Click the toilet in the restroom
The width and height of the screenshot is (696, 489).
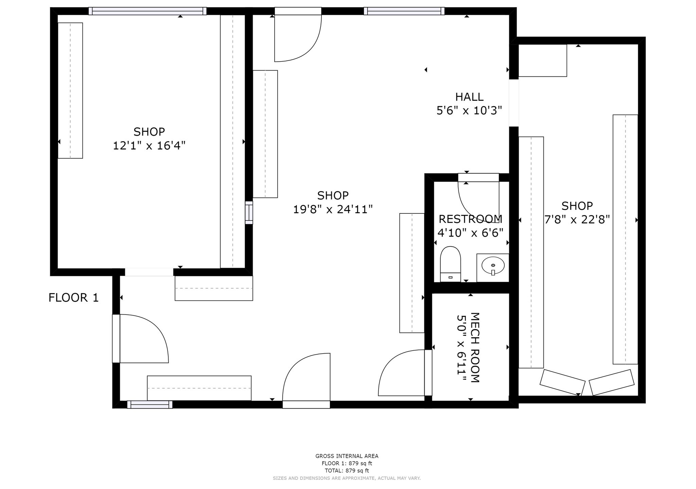pos(450,264)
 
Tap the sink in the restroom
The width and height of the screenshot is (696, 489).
pos(493,265)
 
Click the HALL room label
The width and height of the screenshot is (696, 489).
pos(469,97)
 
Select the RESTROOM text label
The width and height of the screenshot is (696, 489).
pos(470,219)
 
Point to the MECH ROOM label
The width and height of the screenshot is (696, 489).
pos(474,347)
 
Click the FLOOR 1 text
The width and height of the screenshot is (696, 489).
pos(73,298)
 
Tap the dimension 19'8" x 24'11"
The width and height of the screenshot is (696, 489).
pos(333,209)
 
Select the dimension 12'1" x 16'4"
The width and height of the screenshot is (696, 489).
pos(149,146)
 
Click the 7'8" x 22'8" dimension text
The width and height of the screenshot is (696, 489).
pos(577,220)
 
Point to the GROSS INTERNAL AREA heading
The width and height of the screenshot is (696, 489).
pos(347,456)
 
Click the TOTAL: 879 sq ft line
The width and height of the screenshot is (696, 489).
pos(347,471)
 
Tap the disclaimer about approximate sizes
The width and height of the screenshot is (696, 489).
pos(347,478)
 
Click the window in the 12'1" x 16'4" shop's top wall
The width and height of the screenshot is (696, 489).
pos(147,11)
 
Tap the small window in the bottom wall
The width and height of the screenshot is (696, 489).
pos(150,405)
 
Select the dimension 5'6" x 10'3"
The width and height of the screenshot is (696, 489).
pos(469,111)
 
